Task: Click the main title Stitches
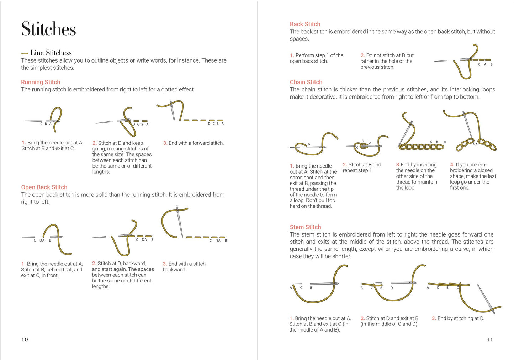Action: point(48,29)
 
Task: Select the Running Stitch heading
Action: point(41,82)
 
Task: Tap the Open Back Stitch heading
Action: point(44,187)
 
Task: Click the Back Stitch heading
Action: point(305,24)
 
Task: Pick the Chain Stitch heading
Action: point(306,82)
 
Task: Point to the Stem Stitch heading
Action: point(305,227)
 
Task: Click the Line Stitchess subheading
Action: point(51,53)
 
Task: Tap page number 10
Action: point(25,339)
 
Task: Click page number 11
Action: point(489,339)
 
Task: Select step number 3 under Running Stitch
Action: point(165,143)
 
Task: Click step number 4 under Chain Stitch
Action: point(452,165)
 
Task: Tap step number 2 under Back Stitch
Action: point(362,55)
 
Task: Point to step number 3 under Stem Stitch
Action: point(434,318)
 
